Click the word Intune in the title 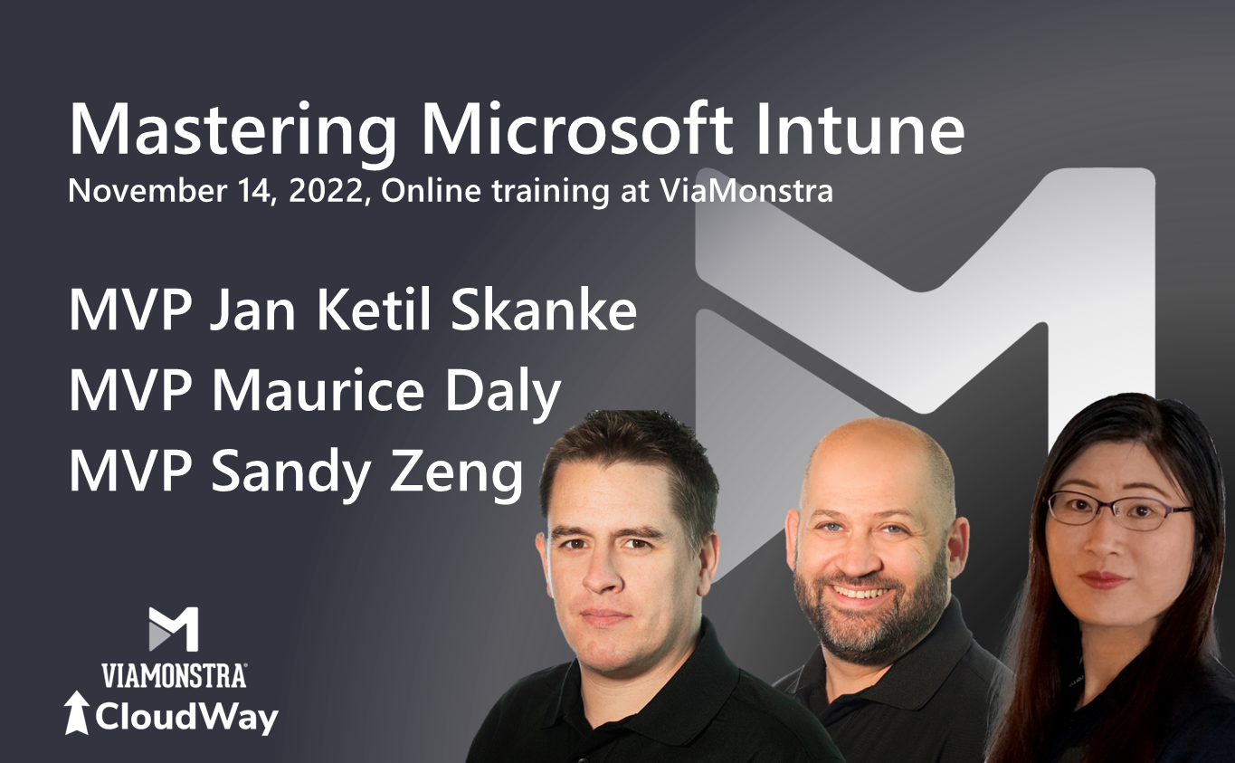click(x=860, y=129)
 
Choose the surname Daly click(x=503, y=393)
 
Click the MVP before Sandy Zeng click(x=129, y=471)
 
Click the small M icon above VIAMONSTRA click(x=174, y=629)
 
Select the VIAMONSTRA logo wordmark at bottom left click(x=174, y=675)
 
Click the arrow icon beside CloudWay click(x=77, y=713)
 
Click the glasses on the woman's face click(x=1119, y=510)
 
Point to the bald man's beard click(x=871, y=613)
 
